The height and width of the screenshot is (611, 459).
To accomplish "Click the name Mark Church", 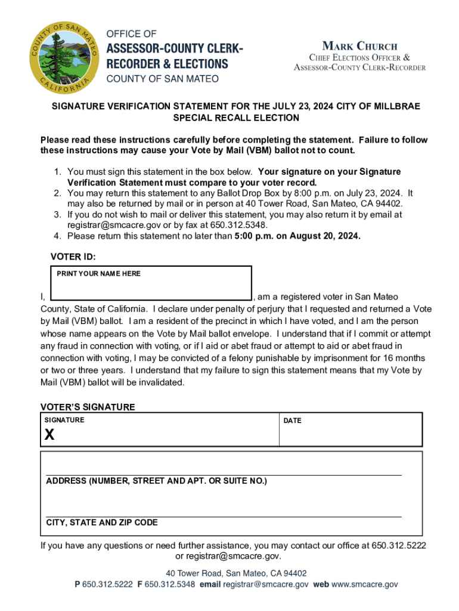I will pyautogui.click(x=359, y=46).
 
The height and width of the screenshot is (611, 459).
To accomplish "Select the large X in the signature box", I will pyautogui.click(x=49, y=436).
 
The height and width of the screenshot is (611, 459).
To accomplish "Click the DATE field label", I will pyautogui.click(x=292, y=421).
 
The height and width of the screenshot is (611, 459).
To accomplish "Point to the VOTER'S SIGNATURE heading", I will pyautogui.click(x=88, y=407).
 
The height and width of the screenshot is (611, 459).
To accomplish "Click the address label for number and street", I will pyautogui.click(x=156, y=481).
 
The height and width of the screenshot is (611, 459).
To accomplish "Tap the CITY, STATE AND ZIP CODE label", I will pyautogui.click(x=102, y=523).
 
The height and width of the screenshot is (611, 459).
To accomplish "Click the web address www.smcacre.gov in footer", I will pyautogui.click(x=365, y=585).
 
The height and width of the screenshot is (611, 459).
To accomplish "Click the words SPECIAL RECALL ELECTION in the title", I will pyautogui.click(x=236, y=118).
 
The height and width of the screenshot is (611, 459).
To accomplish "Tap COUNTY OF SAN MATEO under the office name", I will pyautogui.click(x=162, y=79).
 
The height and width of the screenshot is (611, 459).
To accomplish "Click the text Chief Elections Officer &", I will pyautogui.click(x=359, y=57).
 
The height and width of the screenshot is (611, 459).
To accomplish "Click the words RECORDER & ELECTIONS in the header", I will pyautogui.click(x=167, y=63).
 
